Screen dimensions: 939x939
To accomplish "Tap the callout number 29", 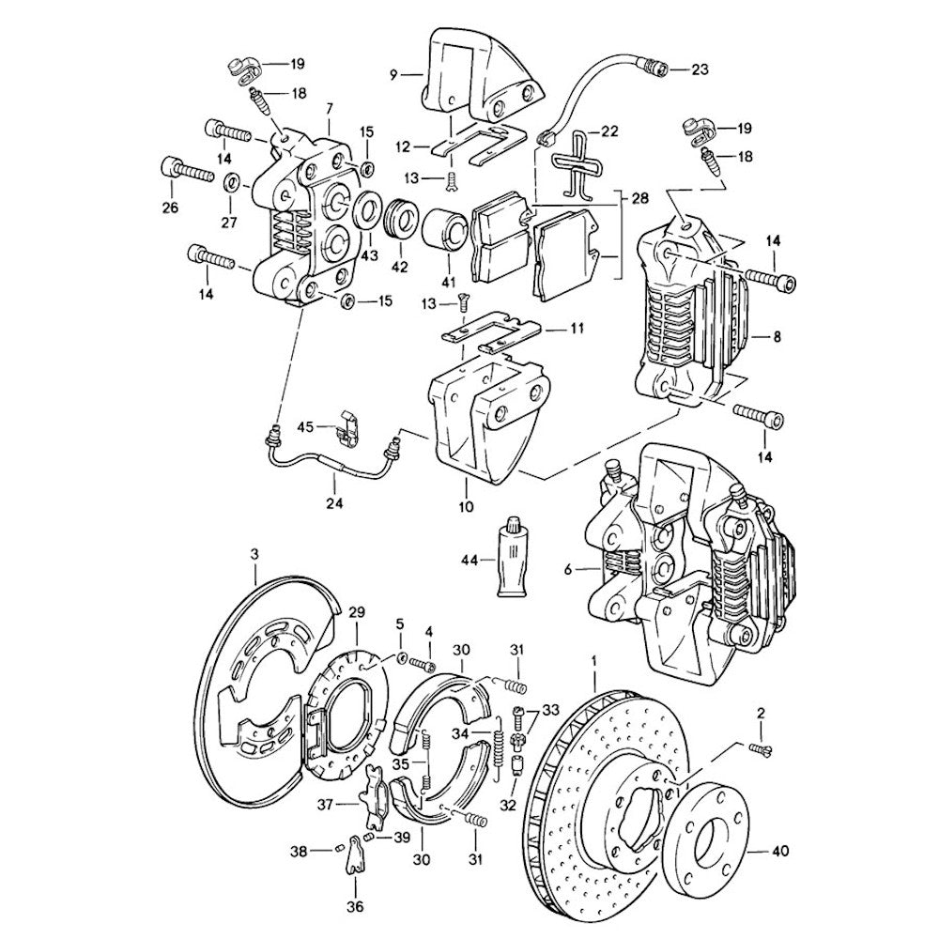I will coord(356,612).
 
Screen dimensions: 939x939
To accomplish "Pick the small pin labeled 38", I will coord(338,850).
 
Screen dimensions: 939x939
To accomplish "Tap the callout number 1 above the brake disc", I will coord(594,661).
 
